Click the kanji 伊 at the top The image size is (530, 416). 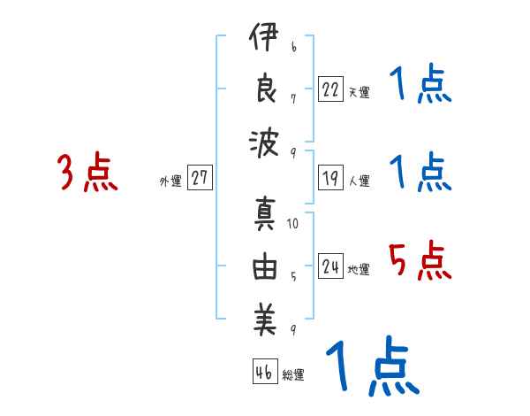point(265,42)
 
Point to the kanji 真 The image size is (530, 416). point(265,215)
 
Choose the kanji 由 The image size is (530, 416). point(265,267)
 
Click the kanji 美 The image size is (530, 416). point(265,320)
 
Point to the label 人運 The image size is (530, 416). point(359,181)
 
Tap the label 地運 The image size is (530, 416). point(359,270)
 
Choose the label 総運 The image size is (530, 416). point(293,375)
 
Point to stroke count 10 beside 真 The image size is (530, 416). point(292,224)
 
